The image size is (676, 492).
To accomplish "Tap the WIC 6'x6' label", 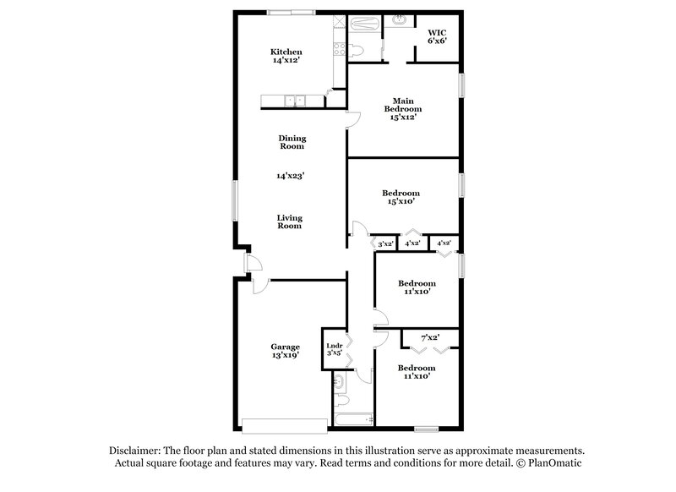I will (x=436, y=36).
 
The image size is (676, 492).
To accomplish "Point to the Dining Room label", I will (x=292, y=142).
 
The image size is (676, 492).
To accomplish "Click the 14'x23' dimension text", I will (x=290, y=177).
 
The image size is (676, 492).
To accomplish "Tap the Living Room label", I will (x=290, y=221).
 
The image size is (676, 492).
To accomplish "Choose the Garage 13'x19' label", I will (x=286, y=351).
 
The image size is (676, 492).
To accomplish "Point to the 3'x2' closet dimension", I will (x=386, y=244).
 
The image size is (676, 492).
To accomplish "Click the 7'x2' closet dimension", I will (x=430, y=337).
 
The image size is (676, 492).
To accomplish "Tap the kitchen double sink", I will (x=294, y=101).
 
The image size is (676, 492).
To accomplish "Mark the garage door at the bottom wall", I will (x=283, y=425).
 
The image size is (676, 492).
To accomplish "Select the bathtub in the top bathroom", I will (x=365, y=25).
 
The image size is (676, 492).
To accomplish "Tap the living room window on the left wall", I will (x=237, y=203).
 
